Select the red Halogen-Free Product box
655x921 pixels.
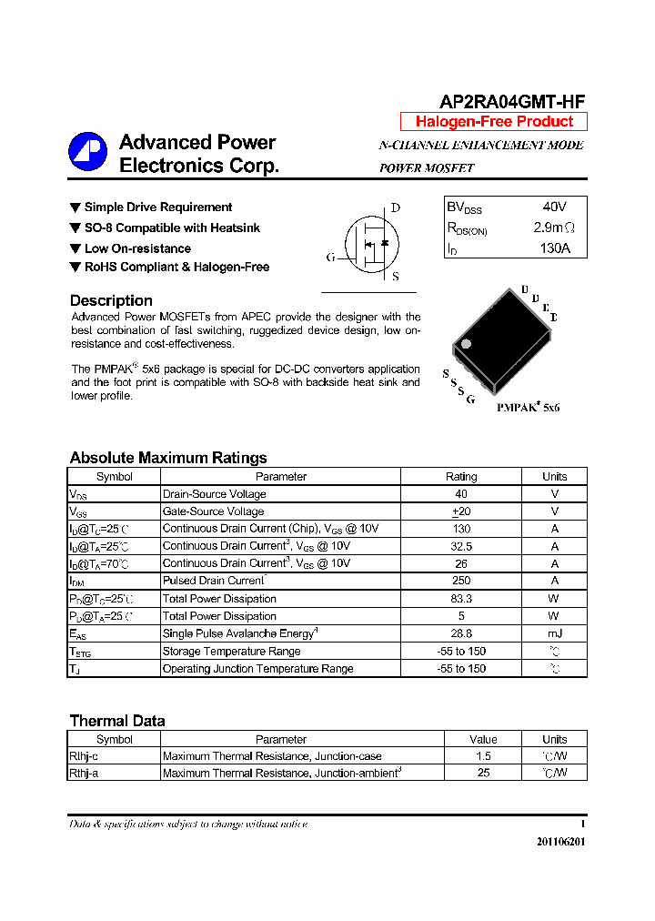[494, 122]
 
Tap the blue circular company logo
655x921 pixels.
[88, 152]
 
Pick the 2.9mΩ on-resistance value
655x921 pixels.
[553, 228]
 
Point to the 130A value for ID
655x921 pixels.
[553, 248]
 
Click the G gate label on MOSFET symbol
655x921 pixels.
[330, 258]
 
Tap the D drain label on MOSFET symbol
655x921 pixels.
[396, 207]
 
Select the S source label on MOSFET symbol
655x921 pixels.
[396, 277]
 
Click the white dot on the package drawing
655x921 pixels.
[466, 344]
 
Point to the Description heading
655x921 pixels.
[111, 300]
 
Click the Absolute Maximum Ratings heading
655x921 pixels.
[168, 458]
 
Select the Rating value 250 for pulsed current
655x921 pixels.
[461, 581]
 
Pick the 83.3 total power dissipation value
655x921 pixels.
[461, 599]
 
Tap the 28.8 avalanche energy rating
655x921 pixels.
[461, 633]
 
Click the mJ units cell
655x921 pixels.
[554, 633]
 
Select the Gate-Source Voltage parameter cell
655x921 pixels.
[214, 511]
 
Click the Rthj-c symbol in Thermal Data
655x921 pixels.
[84, 756]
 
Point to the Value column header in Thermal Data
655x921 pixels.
[483, 739]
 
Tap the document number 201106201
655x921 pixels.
[560, 842]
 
